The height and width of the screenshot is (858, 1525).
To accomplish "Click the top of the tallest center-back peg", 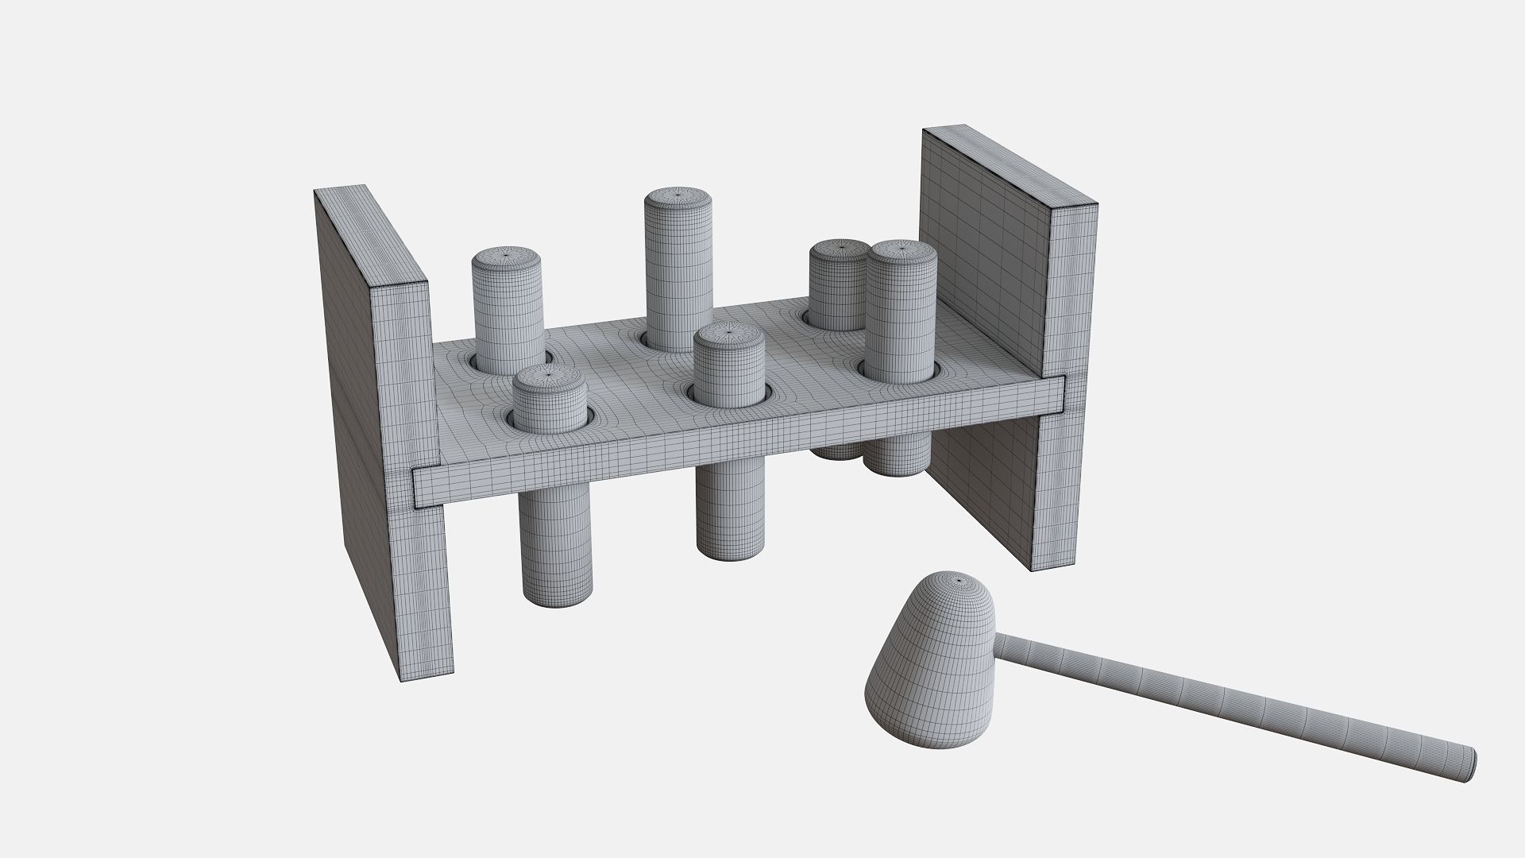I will click(x=678, y=195).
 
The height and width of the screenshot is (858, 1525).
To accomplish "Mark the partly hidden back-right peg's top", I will click(x=838, y=249).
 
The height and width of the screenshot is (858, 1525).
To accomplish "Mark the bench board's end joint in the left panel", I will click(x=426, y=486).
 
